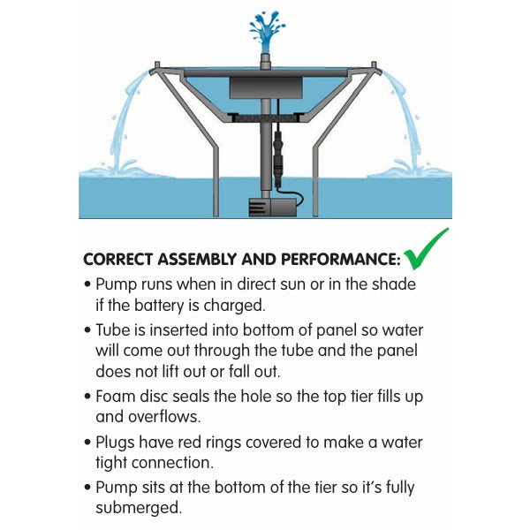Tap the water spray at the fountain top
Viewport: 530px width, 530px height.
[x=267, y=31]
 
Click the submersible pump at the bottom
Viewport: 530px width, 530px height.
[x=272, y=208]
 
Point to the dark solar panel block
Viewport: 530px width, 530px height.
[x=266, y=87]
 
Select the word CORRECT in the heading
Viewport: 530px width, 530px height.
[x=118, y=260]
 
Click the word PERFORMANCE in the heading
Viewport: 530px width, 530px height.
[x=341, y=260]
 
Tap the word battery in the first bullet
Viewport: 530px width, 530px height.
[x=159, y=306]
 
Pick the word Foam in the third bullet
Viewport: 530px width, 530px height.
[x=115, y=397]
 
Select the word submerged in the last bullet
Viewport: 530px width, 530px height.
[x=139, y=508]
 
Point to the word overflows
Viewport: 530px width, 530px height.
[x=165, y=417]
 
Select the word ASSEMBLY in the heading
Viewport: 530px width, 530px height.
[x=200, y=260]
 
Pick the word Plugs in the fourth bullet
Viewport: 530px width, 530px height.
[x=115, y=443]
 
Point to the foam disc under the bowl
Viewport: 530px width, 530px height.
[x=266, y=118]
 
